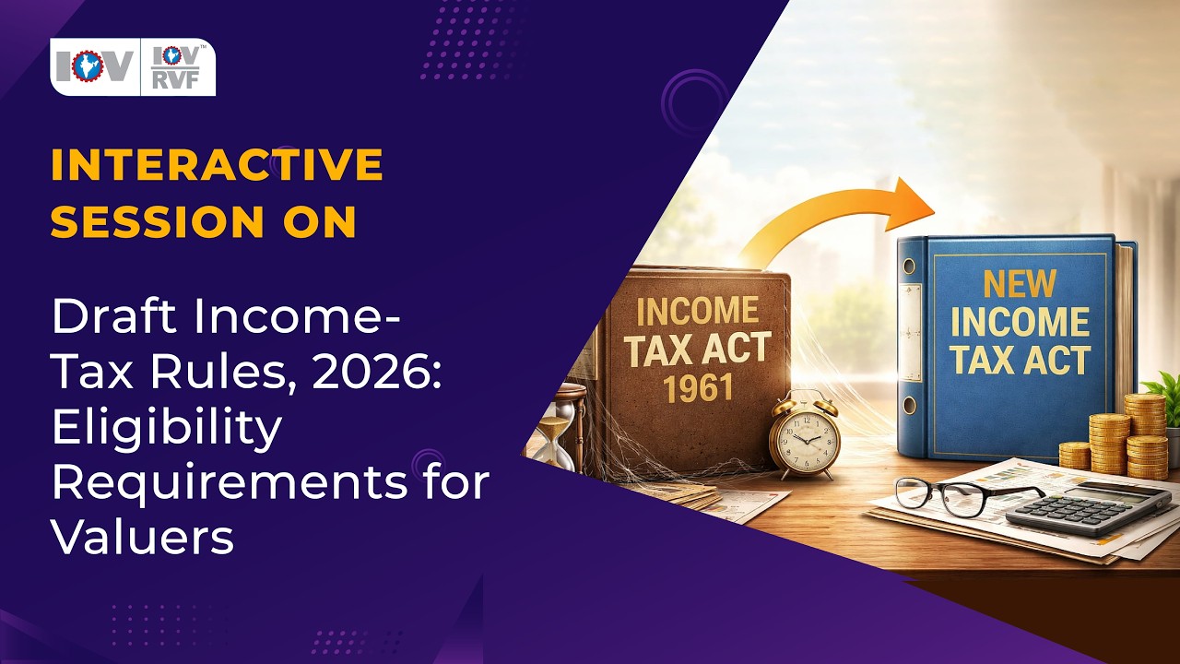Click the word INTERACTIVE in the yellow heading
[x=217, y=165]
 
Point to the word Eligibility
[x=166, y=428]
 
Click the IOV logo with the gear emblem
[x=93, y=66]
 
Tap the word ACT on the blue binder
[x=1058, y=361]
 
